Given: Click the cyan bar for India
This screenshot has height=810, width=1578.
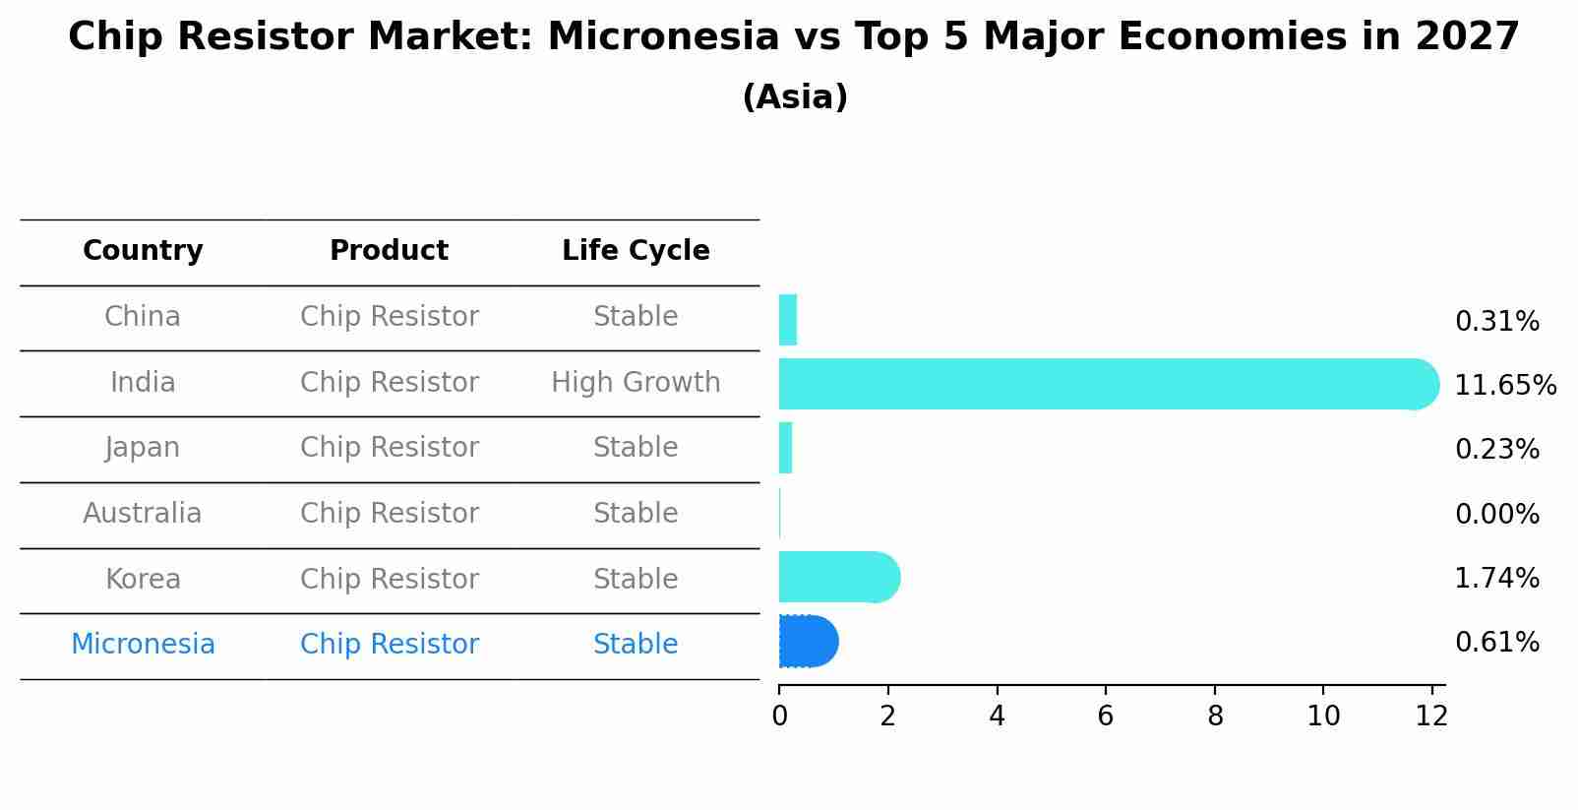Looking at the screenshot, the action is pos(1109,384).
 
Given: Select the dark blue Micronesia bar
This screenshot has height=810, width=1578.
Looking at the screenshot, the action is pos(809,641).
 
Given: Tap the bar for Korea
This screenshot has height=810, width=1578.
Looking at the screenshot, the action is pos(840,578).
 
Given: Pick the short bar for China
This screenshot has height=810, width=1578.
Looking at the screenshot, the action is pos(788,320).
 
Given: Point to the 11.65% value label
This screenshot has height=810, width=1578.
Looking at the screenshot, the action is pos(1505,385).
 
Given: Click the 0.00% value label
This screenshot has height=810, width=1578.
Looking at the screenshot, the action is pos(1497,514).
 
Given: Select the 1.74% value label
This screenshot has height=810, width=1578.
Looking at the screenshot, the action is pos(1497,578).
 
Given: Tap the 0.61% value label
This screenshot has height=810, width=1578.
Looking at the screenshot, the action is pos(1497,643).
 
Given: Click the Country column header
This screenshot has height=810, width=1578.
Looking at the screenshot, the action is pos(143,251).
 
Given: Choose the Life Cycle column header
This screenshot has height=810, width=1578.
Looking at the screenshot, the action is pos(636,251).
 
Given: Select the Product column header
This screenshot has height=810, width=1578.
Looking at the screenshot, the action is pos(389,250).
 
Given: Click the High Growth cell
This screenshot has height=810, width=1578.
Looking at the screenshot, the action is pos(636,382).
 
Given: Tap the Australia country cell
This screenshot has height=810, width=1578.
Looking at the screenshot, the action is pos(143,513).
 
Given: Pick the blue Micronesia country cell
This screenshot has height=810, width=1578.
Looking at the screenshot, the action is pos(143,645).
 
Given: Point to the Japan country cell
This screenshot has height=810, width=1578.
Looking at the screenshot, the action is pos(143,449).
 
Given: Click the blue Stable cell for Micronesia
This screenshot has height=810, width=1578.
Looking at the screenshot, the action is pos(636,645).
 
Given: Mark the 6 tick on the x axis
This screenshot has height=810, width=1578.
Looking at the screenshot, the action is pos(1106,716).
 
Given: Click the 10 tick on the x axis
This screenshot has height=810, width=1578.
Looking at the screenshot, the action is pos(1323,716).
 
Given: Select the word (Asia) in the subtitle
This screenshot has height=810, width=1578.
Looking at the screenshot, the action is pos(795,96).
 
